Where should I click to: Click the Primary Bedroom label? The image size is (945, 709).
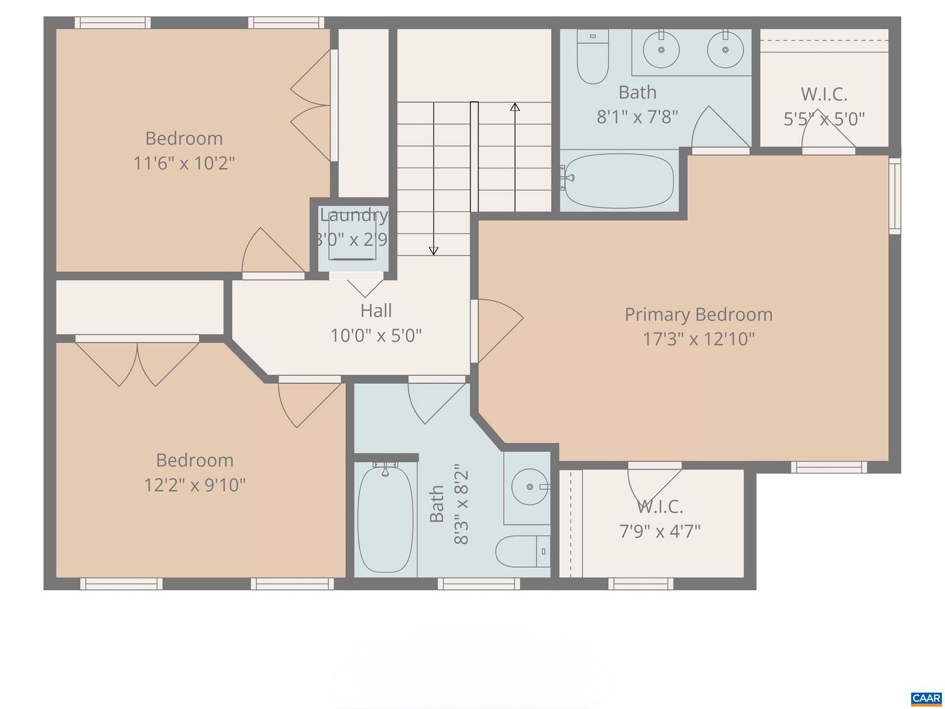[x=698, y=314]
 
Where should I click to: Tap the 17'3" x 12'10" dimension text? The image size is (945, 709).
[x=698, y=339]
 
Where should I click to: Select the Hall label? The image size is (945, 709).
[x=376, y=311]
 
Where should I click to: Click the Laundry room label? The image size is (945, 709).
[x=353, y=215]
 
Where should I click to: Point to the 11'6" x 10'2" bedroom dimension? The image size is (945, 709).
[x=184, y=163]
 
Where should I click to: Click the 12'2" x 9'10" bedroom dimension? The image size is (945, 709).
[x=195, y=485]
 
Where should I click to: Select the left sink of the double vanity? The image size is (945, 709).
[x=661, y=49]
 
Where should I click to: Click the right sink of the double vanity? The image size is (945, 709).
[x=725, y=49]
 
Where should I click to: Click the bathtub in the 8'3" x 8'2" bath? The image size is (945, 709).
[x=385, y=519]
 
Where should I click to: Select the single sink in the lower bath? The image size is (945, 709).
[x=530, y=487]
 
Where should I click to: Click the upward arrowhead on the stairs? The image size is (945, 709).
[x=515, y=106]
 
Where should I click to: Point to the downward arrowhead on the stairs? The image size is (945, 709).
[x=433, y=250]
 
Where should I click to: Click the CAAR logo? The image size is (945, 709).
[x=926, y=698]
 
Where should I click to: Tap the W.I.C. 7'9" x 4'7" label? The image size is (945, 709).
[x=660, y=519]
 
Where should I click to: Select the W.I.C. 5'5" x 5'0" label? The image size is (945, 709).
[x=824, y=106]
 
